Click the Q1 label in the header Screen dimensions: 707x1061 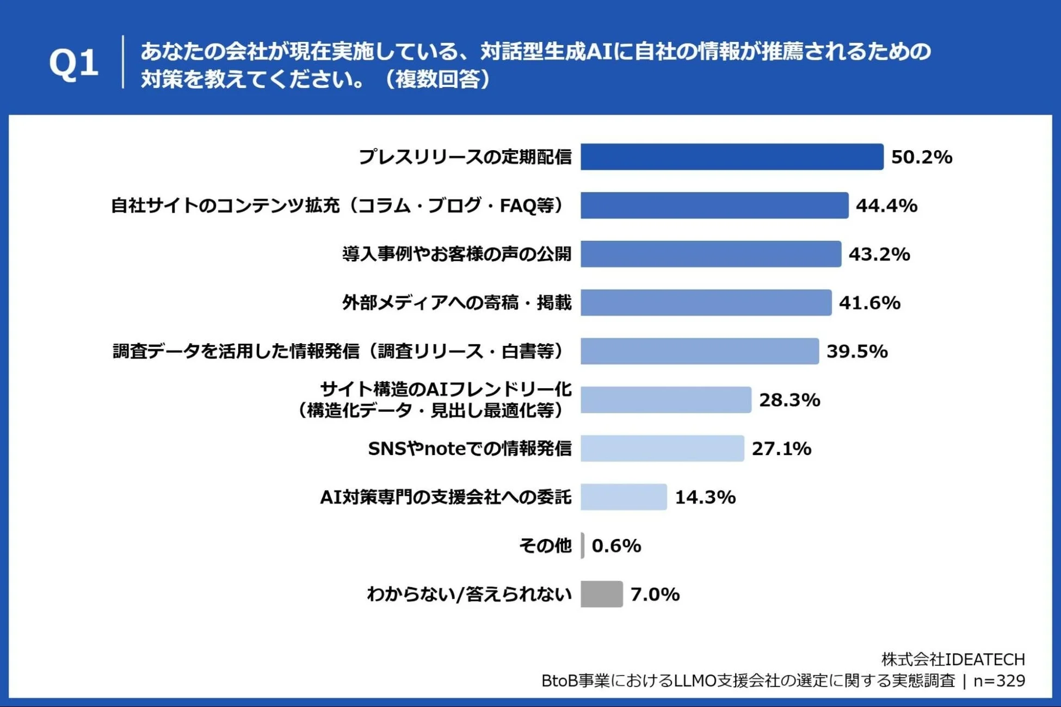pyautogui.click(x=73, y=63)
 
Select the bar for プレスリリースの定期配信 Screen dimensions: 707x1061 pyautogui.click(x=731, y=157)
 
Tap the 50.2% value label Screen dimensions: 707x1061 pyautogui.click(x=921, y=157)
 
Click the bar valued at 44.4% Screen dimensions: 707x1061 pyautogui.click(x=714, y=205)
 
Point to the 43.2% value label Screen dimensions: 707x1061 pyautogui.click(x=879, y=254)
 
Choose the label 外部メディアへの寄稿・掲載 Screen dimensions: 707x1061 pyautogui.click(x=457, y=302)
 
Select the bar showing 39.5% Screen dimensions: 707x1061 pyautogui.click(x=699, y=351)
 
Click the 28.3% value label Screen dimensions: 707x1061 pyautogui.click(x=789, y=400)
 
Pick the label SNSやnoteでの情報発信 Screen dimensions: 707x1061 pyautogui.click(x=470, y=449)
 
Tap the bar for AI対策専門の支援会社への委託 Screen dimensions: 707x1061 pyautogui.click(x=624, y=497)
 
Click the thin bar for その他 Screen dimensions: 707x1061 pyautogui.click(x=582, y=545)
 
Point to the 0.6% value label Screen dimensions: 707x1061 pyautogui.click(x=616, y=545)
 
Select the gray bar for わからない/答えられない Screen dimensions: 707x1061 pyautogui.click(x=601, y=594)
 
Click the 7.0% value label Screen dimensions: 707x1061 pyautogui.click(x=655, y=594)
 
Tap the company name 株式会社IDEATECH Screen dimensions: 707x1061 pyautogui.click(x=953, y=659)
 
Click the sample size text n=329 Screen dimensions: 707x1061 pyautogui.click(x=999, y=681)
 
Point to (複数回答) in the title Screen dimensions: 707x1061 pyautogui.click(x=439, y=79)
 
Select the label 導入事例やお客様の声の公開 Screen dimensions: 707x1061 pyautogui.click(x=457, y=254)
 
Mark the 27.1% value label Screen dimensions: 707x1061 pyautogui.click(x=781, y=449)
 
